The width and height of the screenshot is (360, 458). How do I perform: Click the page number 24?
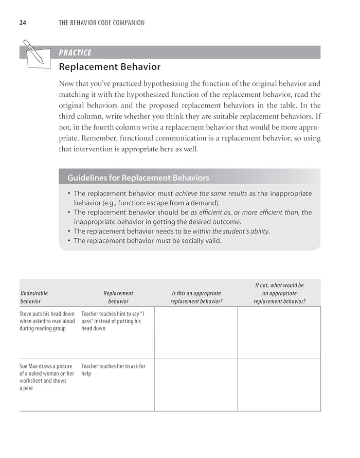[23, 23]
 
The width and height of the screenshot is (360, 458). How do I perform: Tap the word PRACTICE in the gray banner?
[75, 52]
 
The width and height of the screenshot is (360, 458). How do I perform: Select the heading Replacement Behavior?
[110, 67]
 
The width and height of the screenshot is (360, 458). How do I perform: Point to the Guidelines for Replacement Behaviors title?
[138, 178]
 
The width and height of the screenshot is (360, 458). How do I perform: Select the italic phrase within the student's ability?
[230, 231]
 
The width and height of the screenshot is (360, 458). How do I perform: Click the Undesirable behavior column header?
[34, 297]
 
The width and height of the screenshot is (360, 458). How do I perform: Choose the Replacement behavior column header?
[118, 297]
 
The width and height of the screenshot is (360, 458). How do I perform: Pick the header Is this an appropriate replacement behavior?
[196, 297]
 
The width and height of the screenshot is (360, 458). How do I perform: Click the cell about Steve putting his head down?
[47, 321]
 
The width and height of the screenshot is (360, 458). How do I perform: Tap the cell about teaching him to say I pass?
[113, 321]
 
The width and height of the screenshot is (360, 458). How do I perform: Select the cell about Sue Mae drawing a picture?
[47, 377]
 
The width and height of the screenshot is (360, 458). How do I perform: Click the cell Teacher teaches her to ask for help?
[113, 369]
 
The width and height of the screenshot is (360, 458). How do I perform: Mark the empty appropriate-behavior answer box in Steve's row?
[195, 332]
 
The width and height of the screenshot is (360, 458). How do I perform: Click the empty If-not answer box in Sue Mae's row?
[279, 385]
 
